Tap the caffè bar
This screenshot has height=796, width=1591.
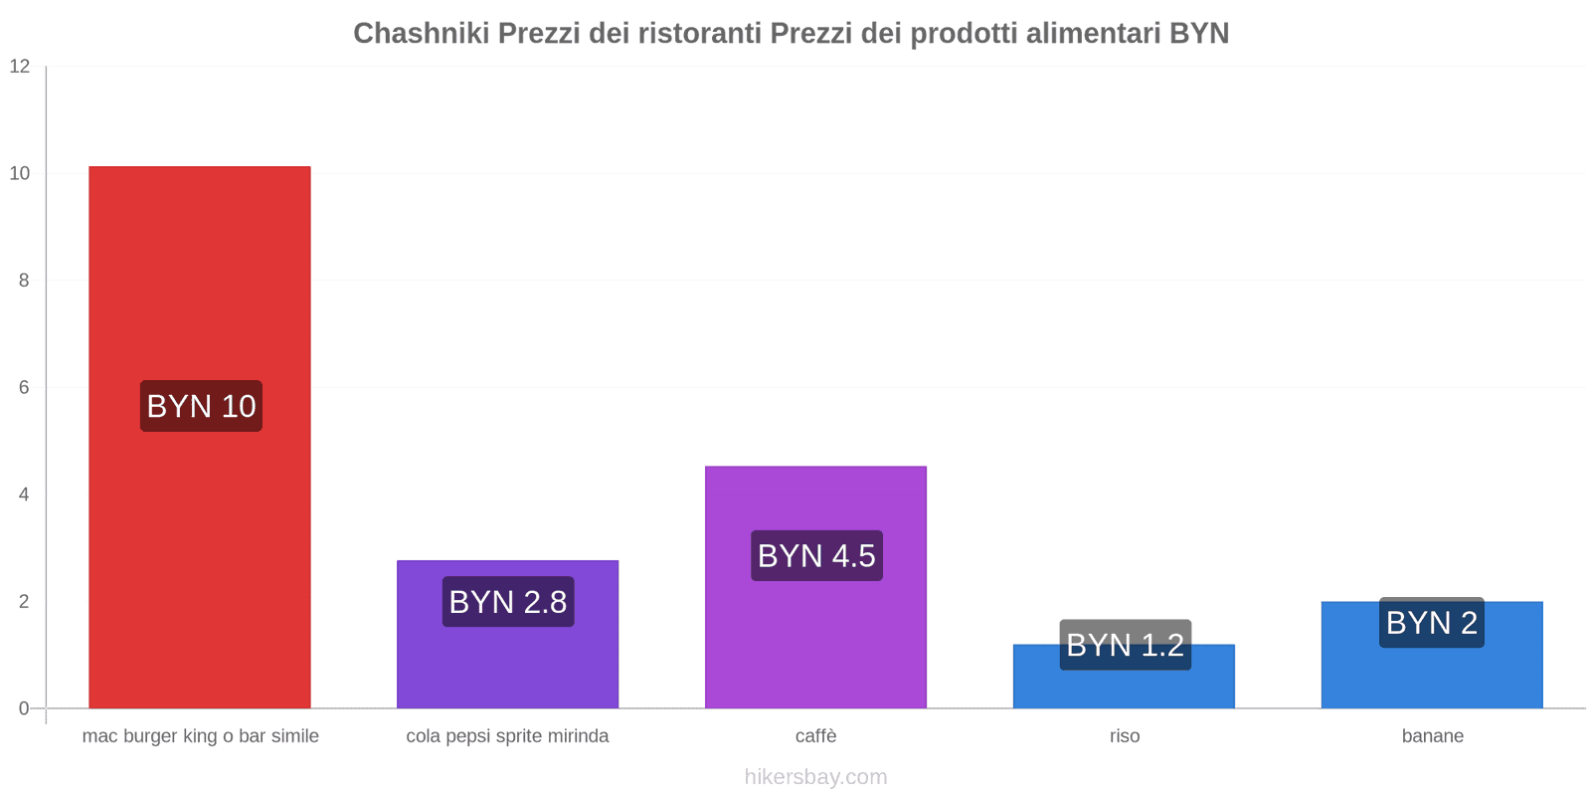[x=815, y=637]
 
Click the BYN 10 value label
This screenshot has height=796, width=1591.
[x=201, y=406]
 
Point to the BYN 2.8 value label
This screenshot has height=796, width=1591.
[x=508, y=602]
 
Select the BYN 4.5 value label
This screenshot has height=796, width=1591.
[x=816, y=555]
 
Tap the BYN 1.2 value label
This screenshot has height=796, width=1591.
[x=1125, y=645]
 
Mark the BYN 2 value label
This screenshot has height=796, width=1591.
[x=1432, y=623]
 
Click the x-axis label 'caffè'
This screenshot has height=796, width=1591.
[x=815, y=736]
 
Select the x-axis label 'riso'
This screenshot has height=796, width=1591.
[x=1125, y=736]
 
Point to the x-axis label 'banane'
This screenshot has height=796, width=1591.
[x=1432, y=736]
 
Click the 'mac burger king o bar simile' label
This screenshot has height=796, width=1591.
[x=200, y=736]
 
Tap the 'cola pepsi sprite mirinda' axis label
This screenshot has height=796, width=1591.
[x=507, y=736]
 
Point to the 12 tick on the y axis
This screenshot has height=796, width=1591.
[x=20, y=67]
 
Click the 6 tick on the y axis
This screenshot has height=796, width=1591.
[x=24, y=388]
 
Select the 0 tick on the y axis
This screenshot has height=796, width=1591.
[x=24, y=708]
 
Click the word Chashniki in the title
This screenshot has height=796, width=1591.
[x=421, y=34]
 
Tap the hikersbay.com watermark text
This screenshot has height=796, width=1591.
[x=815, y=777]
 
